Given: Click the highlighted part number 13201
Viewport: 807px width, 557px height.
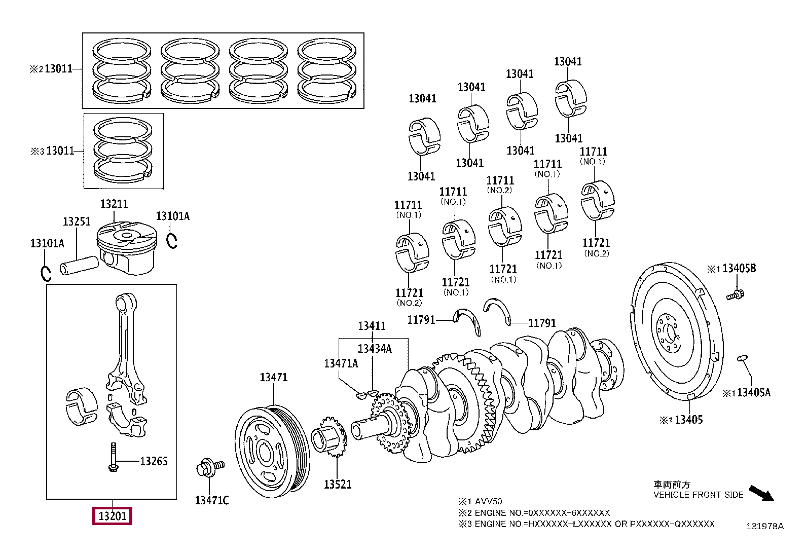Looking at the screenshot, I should (x=112, y=516).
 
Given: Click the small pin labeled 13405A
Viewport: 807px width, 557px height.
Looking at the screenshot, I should (x=743, y=358).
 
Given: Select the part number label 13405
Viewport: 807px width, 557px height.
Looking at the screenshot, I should (x=688, y=420).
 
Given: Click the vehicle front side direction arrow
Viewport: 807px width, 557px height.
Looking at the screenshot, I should (x=762, y=493).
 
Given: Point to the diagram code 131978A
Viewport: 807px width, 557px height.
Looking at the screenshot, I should (x=764, y=526).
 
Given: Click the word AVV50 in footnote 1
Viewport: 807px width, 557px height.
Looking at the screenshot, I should (x=489, y=501).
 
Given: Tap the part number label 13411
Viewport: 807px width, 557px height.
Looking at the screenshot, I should (x=372, y=326).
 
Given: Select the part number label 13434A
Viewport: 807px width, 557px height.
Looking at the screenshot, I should (x=374, y=349).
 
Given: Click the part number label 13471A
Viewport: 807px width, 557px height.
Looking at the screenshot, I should (x=341, y=363).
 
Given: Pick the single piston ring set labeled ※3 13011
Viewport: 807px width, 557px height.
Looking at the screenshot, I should (x=124, y=151).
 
